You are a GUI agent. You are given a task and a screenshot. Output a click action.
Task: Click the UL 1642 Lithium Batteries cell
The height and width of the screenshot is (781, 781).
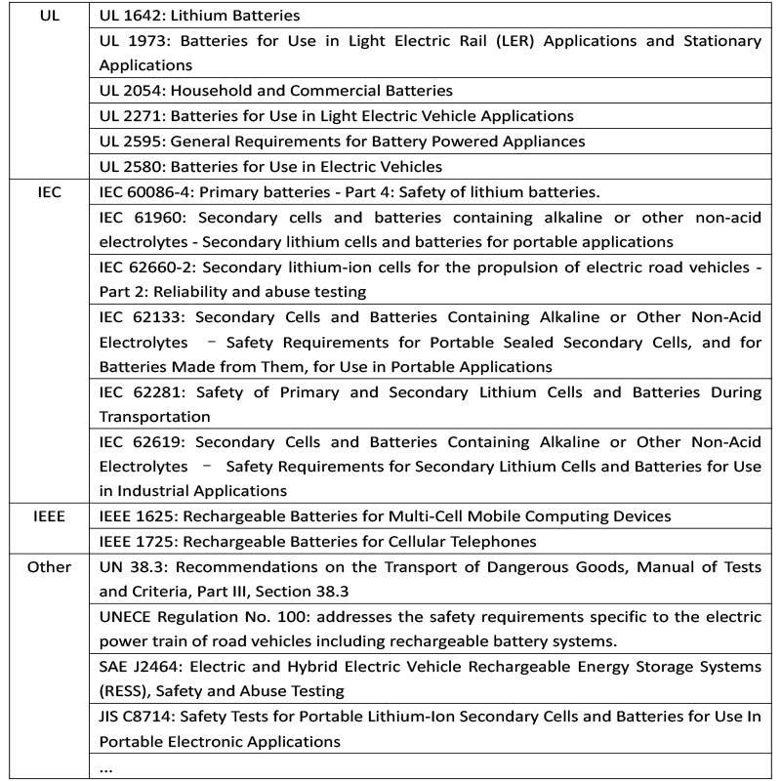tap(200, 16)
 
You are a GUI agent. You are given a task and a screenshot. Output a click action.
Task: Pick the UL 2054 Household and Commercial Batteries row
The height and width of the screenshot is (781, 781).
tap(275, 91)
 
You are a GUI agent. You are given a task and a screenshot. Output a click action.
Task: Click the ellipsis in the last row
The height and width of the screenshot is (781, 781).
tap(106, 767)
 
